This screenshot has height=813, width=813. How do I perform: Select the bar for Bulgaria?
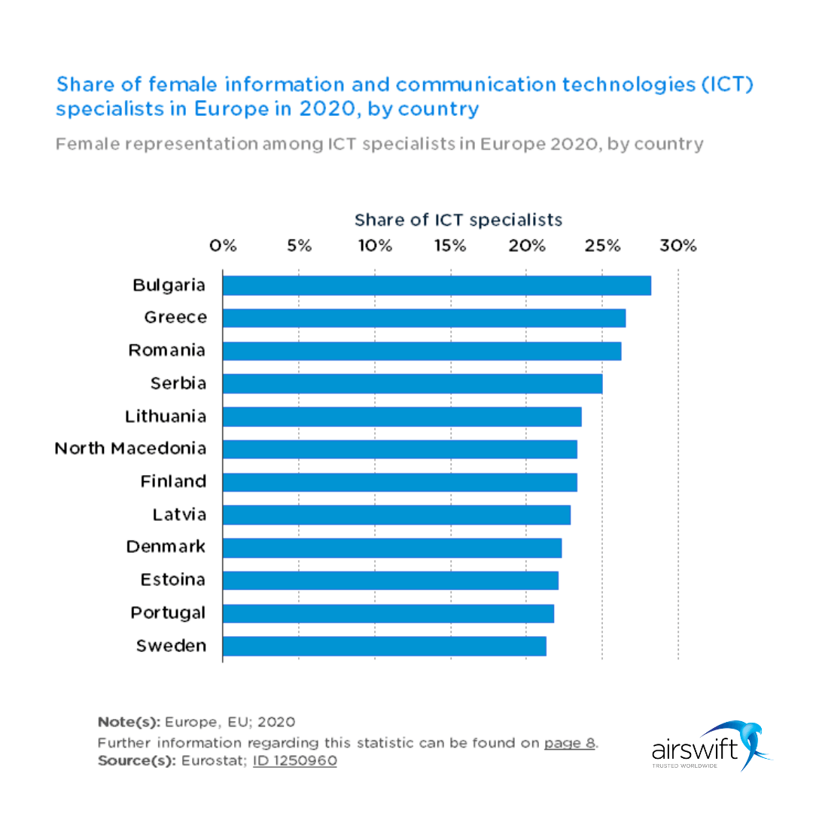pos(437,285)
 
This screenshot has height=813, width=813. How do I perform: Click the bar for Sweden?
pos(384,646)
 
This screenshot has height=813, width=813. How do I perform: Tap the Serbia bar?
pos(413,383)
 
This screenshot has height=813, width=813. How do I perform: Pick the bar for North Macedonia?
pos(400,449)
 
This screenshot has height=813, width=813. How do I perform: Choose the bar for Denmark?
pos(392,547)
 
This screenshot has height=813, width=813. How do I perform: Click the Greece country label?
pos(175,318)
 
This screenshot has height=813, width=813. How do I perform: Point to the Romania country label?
pos(167,350)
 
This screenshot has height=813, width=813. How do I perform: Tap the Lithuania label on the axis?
pos(166,416)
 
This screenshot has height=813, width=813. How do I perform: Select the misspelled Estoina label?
pos(173,580)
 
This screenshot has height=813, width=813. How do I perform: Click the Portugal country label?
pos(168,613)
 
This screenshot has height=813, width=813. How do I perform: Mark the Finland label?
pos(173,481)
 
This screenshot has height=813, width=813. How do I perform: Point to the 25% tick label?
pos(602,246)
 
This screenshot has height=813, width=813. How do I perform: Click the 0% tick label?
pos(224,246)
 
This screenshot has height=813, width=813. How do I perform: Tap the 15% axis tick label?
pos(451,246)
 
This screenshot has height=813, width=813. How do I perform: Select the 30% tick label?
pos(678,246)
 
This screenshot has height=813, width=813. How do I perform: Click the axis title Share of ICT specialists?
pos(458,220)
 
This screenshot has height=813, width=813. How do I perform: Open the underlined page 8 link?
pos(570,743)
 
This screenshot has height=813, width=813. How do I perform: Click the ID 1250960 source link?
pos(294,760)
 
